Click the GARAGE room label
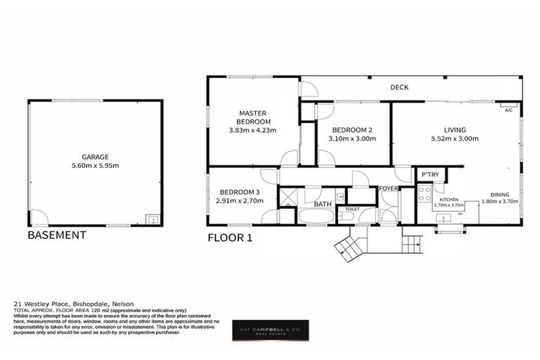click(x=95, y=157)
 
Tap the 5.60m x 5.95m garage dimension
click(x=95, y=166)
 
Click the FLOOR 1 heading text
click(x=229, y=238)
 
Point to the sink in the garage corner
click(x=151, y=219)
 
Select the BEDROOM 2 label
click(x=352, y=130)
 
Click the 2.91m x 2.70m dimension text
click(x=240, y=200)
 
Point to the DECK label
click(x=400, y=87)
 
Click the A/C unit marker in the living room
click(x=508, y=110)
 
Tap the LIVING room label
click(x=454, y=130)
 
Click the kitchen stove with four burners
click(x=425, y=194)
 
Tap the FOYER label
click(x=389, y=188)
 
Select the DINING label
click(x=499, y=195)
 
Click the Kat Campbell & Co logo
click(x=270, y=330)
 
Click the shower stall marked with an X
click(x=288, y=198)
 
